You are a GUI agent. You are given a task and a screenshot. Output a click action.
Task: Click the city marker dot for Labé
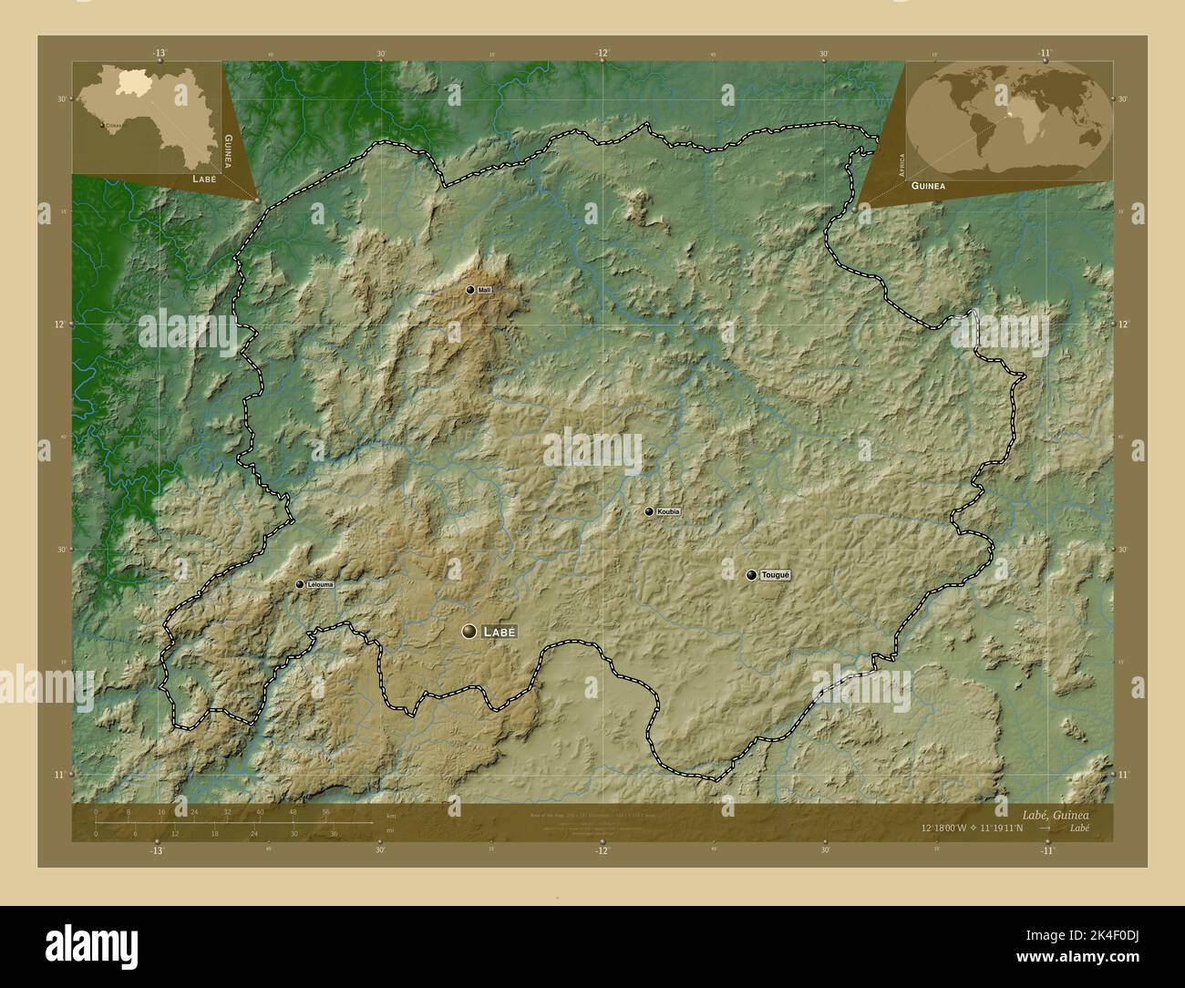(x=469, y=631)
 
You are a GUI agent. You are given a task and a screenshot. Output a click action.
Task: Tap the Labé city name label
(x=500, y=631)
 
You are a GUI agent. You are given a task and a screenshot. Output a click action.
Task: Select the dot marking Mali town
(x=470, y=290)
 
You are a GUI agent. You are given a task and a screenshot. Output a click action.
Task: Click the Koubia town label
(x=668, y=512)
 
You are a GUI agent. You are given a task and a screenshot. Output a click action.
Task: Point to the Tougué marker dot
(x=751, y=575)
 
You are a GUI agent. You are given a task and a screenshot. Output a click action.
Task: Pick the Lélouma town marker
(x=299, y=584)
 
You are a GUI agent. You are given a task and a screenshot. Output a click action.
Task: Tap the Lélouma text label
(x=320, y=584)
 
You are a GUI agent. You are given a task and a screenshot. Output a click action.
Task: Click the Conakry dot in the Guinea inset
(x=100, y=126)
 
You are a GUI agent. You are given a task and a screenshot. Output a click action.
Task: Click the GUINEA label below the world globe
(x=927, y=185)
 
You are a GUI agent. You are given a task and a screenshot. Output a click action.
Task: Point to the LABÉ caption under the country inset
(x=204, y=180)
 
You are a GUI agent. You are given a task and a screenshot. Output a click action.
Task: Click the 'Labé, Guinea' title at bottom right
(x=1055, y=811)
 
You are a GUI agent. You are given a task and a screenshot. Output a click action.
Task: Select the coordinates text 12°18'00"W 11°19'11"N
(x=973, y=828)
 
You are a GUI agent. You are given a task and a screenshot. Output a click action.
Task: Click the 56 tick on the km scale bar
(x=325, y=812)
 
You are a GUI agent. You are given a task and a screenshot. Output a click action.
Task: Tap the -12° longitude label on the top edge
(x=603, y=53)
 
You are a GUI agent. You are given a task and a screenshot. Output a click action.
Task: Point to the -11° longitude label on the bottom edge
(x=1046, y=850)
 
